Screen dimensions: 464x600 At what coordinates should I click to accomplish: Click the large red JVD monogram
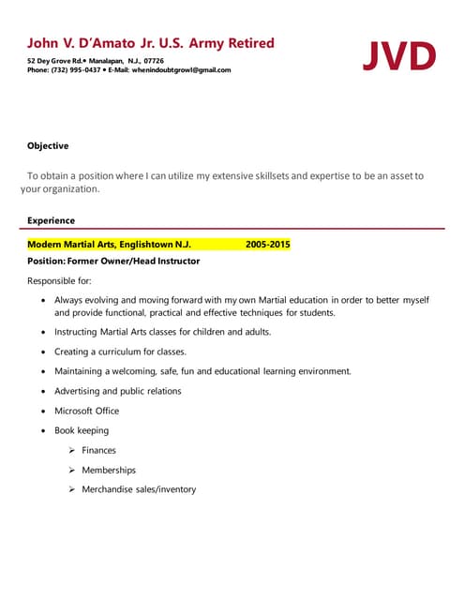[x=399, y=55]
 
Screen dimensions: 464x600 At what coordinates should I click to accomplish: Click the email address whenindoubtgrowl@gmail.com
[x=181, y=70]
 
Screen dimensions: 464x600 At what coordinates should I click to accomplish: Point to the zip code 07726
[x=153, y=60]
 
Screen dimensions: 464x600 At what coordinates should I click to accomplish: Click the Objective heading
[x=47, y=146]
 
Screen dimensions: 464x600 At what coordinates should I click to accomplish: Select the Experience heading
[x=51, y=221]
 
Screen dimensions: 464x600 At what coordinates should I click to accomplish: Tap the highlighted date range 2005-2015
[x=267, y=245]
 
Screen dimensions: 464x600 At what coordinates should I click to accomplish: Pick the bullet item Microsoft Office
[x=86, y=411]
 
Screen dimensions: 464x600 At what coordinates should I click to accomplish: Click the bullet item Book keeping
[x=82, y=430]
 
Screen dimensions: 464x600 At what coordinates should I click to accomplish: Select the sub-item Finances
[x=98, y=450]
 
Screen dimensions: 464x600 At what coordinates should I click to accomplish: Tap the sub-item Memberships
[x=109, y=470]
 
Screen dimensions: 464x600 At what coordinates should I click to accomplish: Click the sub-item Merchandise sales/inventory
[x=139, y=489]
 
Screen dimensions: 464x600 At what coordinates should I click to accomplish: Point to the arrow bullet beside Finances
[x=71, y=450]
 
